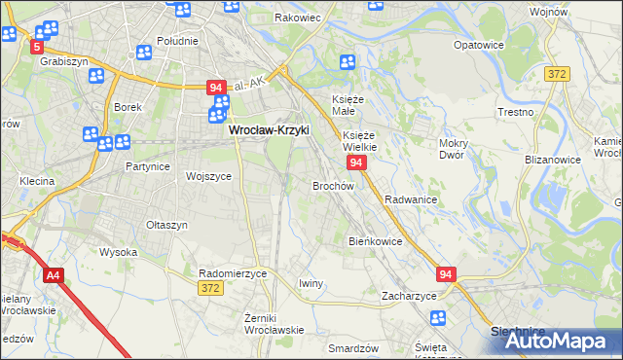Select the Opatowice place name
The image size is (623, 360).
tap(477, 45)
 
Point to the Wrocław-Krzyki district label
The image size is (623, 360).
tap(268, 128)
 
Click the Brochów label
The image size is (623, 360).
tap(333, 185)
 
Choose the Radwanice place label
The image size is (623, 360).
tap(410, 198)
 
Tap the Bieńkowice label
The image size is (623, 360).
tap(375, 240)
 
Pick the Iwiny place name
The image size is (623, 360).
tap(311, 283)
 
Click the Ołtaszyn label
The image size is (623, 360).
tap(165, 225)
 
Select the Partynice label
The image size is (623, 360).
tap(148, 166)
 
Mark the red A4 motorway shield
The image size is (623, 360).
tap(53, 276)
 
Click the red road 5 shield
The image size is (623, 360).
tap(38, 47)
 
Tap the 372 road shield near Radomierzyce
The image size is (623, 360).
tap(209, 289)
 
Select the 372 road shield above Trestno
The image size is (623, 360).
tap(556, 74)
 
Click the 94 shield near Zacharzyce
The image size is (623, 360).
tap(446, 275)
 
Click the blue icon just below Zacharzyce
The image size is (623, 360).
tap(437, 317)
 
